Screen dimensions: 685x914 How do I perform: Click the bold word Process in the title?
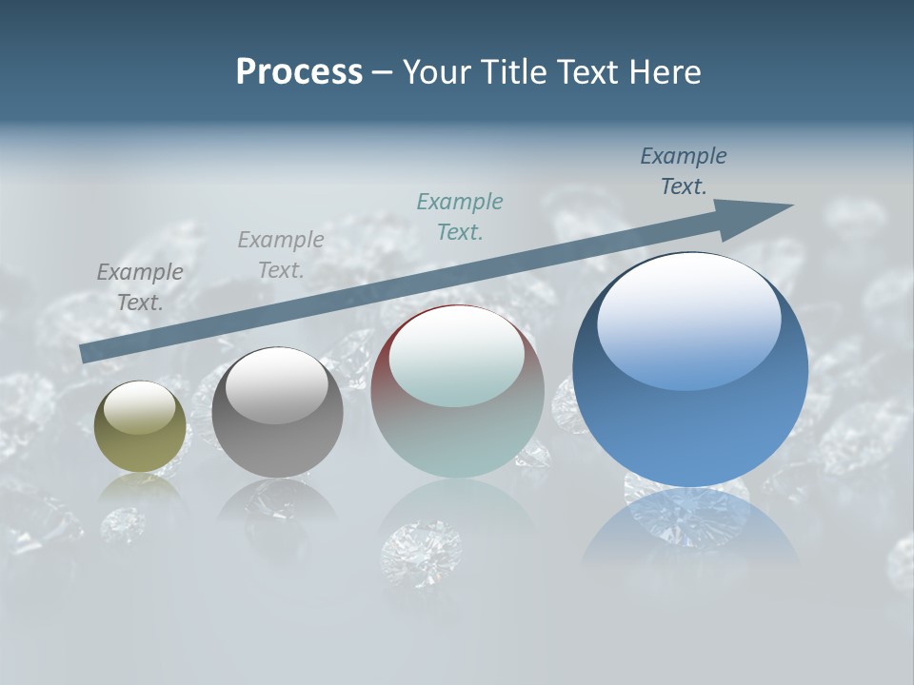click(x=299, y=72)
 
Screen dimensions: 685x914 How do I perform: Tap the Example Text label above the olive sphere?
click(x=140, y=286)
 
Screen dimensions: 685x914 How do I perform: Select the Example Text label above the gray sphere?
click(x=281, y=254)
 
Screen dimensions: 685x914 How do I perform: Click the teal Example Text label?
click(x=460, y=216)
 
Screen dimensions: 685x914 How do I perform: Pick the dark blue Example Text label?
click(x=684, y=170)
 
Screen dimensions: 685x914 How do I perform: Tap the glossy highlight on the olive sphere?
click(x=140, y=406)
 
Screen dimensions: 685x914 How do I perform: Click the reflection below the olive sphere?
click(x=141, y=490)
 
